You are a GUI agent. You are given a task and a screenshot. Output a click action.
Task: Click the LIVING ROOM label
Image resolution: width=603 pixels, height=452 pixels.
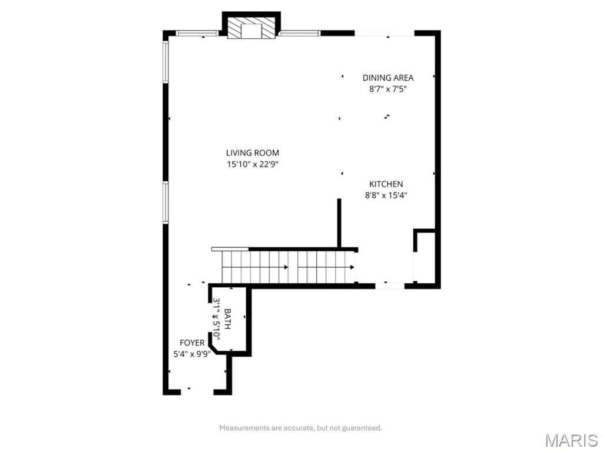click(x=252, y=152)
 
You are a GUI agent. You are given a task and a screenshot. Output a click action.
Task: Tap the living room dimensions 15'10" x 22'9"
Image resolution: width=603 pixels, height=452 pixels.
click(x=252, y=165)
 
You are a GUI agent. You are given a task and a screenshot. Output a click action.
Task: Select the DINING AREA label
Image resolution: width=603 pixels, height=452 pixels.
click(x=388, y=78)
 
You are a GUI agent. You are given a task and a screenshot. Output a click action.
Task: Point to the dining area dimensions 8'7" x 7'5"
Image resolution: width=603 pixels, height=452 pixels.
click(x=388, y=89)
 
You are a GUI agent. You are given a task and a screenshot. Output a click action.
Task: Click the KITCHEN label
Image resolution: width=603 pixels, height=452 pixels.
click(x=386, y=184)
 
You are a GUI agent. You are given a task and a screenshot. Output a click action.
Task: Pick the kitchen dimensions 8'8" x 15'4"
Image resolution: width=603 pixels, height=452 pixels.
click(x=386, y=195)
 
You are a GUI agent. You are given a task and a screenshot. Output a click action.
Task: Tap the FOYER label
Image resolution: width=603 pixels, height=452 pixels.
click(x=192, y=343)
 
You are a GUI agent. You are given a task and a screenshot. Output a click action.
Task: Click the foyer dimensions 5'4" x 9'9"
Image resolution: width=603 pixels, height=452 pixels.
click(x=192, y=354)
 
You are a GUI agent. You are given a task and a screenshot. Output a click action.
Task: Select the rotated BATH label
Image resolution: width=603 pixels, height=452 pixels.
click(x=227, y=318)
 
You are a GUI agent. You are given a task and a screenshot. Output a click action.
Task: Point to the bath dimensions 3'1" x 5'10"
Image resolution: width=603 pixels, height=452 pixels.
click(x=216, y=318)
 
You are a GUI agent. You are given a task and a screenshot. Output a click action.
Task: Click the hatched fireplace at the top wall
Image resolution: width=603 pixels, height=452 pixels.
click(x=251, y=28)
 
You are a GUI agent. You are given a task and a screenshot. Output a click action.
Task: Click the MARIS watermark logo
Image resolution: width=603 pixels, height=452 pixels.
click(x=571, y=440)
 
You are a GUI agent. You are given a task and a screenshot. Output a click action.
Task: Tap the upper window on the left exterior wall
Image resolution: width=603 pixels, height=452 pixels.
click(x=165, y=62)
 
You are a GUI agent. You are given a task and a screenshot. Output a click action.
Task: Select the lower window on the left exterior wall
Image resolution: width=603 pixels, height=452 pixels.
click(x=165, y=202)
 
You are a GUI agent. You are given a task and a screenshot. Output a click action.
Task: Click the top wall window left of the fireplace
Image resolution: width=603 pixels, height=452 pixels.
click(x=197, y=33)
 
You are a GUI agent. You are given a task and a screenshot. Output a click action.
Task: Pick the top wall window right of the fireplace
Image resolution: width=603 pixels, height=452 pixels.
click(x=299, y=33)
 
